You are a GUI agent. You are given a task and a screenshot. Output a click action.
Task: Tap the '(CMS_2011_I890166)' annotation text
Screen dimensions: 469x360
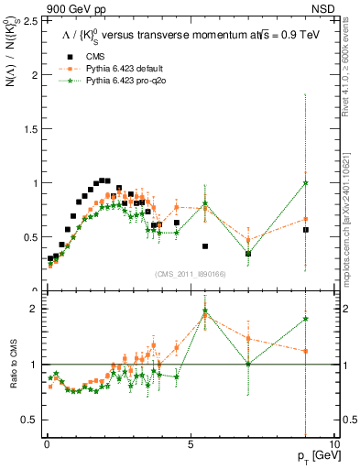pyautogui.click(x=188, y=272)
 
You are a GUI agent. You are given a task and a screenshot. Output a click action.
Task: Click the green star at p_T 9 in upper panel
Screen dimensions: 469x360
pyautogui.click(x=306, y=182)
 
